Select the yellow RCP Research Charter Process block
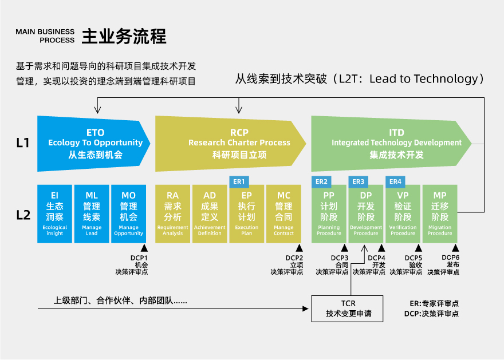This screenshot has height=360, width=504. click(x=229, y=143)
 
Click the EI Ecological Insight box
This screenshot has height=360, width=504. click(x=55, y=213)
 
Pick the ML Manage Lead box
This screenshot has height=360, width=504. click(x=92, y=213)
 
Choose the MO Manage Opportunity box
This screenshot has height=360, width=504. click(x=128, y=213)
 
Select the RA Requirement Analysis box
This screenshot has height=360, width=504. click(x=173, y=213)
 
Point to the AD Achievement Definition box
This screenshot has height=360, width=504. click(x=210, y=213)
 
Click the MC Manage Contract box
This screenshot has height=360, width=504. click(x=283, y=213)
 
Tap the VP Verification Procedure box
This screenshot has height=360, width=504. click(x=403, y=213)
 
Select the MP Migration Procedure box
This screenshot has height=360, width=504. click(x=440, y=213)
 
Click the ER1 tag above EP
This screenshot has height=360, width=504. click(x=238, y=181)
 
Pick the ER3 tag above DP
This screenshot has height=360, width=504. click(x=359, y=181)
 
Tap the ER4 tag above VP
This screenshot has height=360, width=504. click(x=395, y=181)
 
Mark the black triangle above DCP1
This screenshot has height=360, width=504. click(x=145, y=248)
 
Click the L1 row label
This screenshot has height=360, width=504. click(x=23, y=143)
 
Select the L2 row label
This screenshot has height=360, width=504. click(x=23, y=215)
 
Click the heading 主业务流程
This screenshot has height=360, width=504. click(x=124, y=37)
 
